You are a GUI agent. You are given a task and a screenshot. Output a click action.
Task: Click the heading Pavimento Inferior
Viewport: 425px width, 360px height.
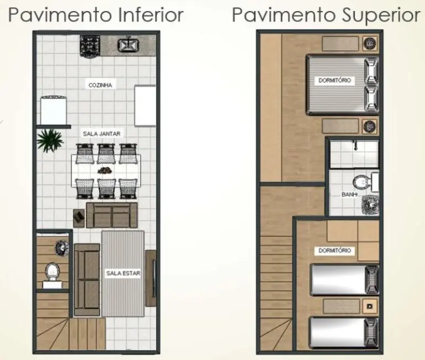96,15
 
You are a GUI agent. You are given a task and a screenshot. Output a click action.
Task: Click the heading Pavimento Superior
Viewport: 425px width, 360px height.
326,15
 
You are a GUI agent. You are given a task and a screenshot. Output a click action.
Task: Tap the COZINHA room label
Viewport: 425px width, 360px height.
101,85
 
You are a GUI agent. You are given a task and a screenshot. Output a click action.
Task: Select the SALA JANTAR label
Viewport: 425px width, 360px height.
102,133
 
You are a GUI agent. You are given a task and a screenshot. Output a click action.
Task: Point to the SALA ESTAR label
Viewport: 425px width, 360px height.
123,273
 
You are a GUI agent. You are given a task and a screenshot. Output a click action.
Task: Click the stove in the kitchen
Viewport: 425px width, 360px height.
89,45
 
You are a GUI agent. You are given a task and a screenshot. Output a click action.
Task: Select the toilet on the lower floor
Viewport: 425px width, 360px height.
53,272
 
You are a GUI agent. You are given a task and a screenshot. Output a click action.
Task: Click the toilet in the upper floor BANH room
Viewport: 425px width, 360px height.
361,182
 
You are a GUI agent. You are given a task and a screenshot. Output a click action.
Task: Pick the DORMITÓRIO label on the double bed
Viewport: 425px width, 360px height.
335,81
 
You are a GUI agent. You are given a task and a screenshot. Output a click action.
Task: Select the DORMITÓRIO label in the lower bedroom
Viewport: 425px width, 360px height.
335,250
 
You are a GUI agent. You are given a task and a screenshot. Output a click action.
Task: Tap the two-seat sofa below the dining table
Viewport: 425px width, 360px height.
112,215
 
